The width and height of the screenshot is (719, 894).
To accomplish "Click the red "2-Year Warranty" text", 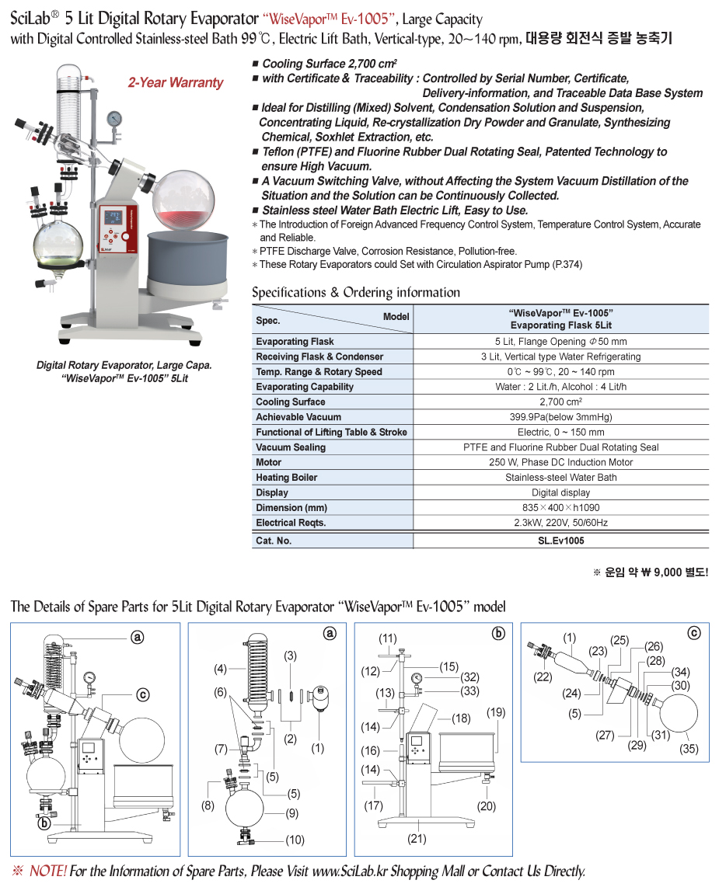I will (175, 83).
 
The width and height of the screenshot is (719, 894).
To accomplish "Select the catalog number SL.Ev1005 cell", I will (560, 541).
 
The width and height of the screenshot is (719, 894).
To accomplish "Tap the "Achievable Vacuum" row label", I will (288, 417).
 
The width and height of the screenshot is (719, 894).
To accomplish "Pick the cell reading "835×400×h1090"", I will (560, 507).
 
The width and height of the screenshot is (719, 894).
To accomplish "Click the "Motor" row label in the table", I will (269, 462).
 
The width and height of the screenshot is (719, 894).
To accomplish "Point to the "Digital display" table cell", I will (560, 492).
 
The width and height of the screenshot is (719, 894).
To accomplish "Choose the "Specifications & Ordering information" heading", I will (356, 293).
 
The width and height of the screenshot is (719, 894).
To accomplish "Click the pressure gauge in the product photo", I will (116, 118).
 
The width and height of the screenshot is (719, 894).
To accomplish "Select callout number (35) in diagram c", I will (688, 750).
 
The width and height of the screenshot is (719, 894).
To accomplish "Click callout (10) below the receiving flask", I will (295, 840).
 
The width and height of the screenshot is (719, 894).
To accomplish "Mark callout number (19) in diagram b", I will (495, 712).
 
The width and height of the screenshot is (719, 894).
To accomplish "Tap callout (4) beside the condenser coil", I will (221, 668).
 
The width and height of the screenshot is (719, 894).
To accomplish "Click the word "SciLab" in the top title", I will (31, 19).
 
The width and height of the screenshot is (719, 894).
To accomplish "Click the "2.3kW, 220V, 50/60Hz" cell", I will (560, 523).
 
